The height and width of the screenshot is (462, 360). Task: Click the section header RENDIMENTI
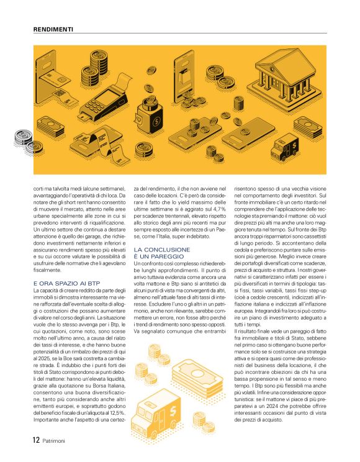point(53,29)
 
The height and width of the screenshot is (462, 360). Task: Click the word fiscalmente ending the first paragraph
point(48,271)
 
